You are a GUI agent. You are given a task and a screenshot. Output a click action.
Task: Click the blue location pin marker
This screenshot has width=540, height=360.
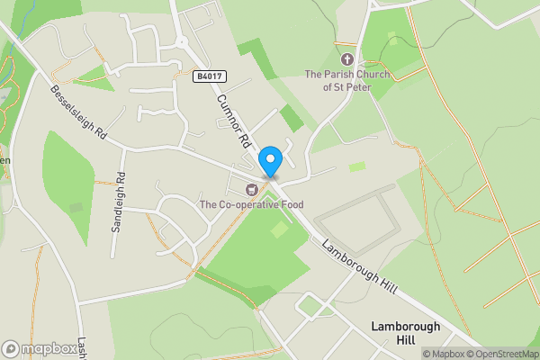click(x=270, y=161)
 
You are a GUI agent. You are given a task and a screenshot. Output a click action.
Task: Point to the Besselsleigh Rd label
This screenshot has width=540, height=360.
click(x=78, y=112)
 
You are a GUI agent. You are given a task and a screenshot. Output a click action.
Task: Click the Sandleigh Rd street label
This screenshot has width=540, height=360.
click(x=118, y=202)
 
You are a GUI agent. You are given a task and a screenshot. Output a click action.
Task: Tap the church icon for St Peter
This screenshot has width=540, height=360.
click(x=347, y=58)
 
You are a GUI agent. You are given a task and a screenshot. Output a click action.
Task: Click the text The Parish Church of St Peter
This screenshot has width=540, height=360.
click(x=347, y=81)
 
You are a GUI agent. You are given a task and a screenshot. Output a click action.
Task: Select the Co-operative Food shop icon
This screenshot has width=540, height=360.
click(x=252, y=189)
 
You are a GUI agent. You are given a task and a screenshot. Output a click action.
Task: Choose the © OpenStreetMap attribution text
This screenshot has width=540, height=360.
click(x=504, y=354)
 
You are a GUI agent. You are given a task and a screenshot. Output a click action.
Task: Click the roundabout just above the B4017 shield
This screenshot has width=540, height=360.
click(x=180, y=41)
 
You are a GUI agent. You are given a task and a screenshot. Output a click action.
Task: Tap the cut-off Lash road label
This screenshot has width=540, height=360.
click(x=81, y=344)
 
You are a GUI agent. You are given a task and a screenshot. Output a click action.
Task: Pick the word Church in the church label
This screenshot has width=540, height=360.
click(x=371, y=75)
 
